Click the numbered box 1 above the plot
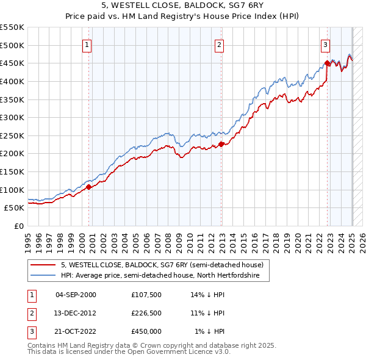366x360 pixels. pos(87,45)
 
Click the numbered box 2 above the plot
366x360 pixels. pos(219,45)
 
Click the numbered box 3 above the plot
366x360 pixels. pos(326,45)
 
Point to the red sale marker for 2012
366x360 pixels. pos(221,144)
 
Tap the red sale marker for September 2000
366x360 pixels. pos(88,187)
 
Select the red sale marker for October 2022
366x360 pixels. pos(328,63)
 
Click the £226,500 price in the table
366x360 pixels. pos(146,313)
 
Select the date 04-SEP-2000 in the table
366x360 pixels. pos(76,295)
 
